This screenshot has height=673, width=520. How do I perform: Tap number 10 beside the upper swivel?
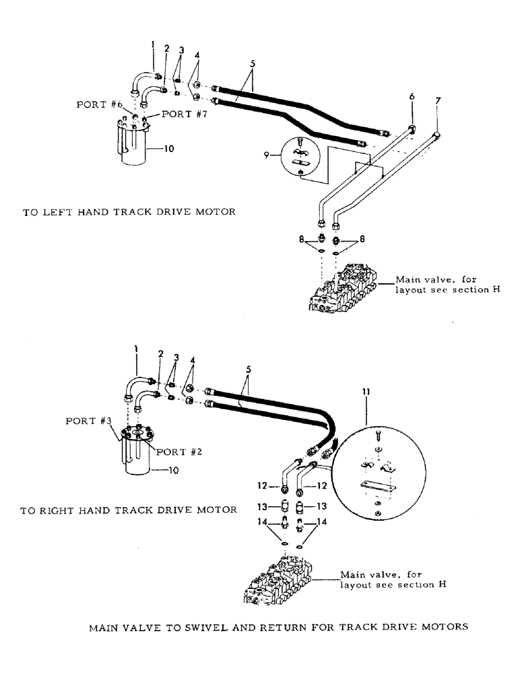coord(169,149)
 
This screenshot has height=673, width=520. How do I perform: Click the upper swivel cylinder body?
coord(135,145)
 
